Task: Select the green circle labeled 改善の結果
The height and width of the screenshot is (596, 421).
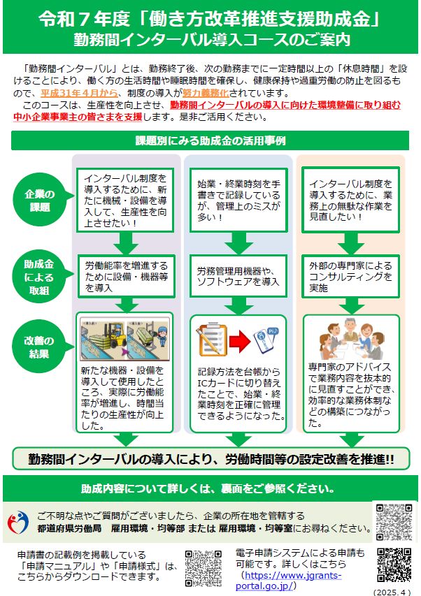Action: pyautogui.click(x=40, y=346)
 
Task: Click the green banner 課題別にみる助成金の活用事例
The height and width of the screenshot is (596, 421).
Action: pyautogui.click(x=210, y=140)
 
